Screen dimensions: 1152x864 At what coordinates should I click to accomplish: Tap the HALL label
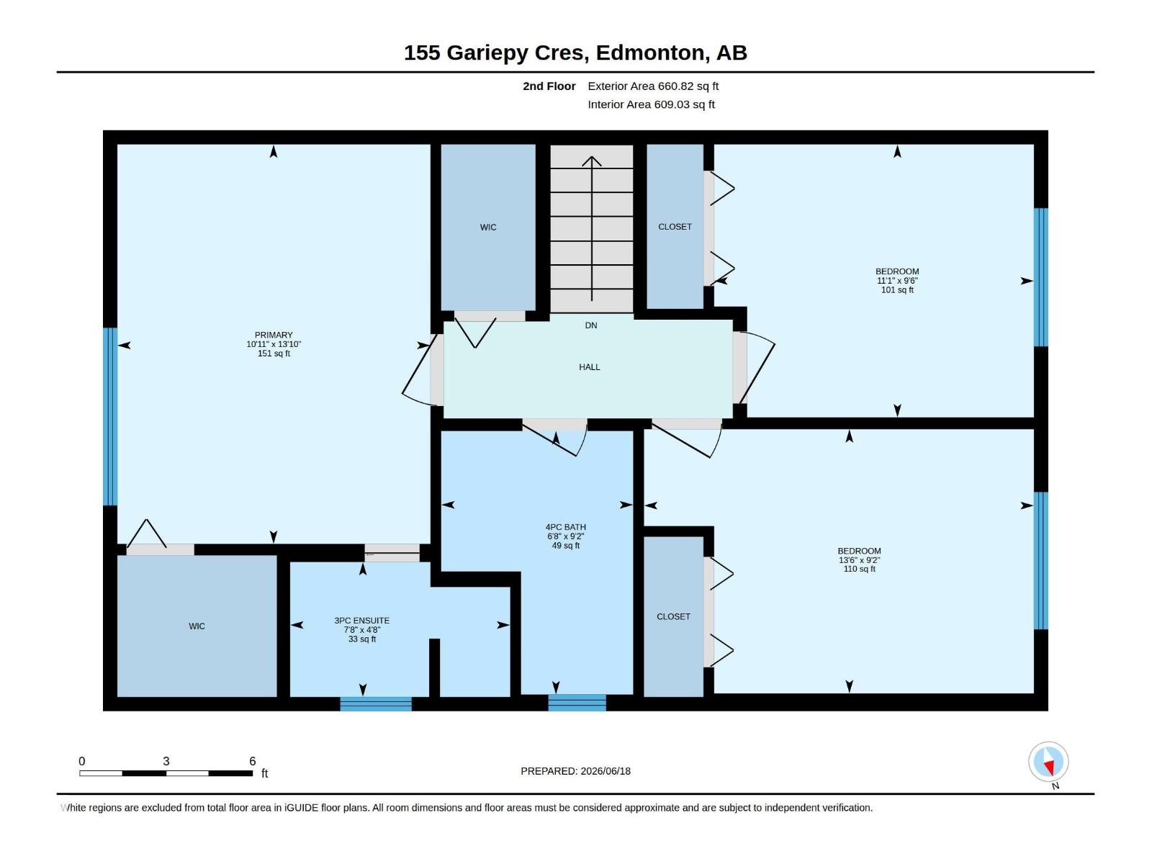(x=590, y=367)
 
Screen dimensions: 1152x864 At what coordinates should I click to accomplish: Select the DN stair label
(x=591, y=325)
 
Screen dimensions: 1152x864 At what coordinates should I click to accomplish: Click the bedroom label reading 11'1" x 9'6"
(x=897, y=281)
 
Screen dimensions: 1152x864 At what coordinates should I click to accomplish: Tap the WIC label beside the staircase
(x=488, y=227)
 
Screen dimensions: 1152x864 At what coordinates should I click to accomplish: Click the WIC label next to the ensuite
(x=197, y=626)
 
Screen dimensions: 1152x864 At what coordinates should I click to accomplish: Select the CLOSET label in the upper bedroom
(x=675, y=227)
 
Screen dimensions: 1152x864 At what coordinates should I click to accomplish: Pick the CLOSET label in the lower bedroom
(x=673, y=616)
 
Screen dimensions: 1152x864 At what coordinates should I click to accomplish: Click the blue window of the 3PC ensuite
(x=376, y=703)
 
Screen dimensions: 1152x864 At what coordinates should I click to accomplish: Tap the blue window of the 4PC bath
(x=577, y=703)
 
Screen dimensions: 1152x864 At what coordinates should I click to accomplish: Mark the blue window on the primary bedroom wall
(x=110, y=417)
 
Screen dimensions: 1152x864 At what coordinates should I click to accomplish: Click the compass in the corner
(x=1048, y=762)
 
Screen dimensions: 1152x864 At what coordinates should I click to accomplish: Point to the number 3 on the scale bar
(x=166, y=761)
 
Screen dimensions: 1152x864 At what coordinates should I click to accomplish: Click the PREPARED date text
(x=576, y=771)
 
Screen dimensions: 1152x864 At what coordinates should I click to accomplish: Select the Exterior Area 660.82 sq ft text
(x=653, y=86)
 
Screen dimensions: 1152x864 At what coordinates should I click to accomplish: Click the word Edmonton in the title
(x=650, y=53)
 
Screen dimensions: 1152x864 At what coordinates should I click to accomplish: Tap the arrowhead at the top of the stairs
(x=592, y=161)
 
